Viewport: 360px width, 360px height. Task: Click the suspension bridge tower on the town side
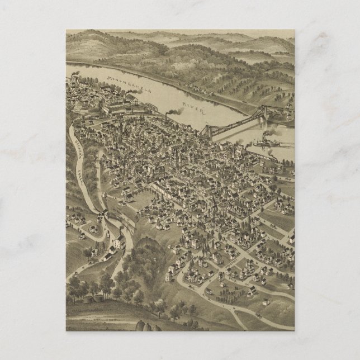tap(207, 131)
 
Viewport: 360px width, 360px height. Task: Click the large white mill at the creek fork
tap(119, 241)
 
